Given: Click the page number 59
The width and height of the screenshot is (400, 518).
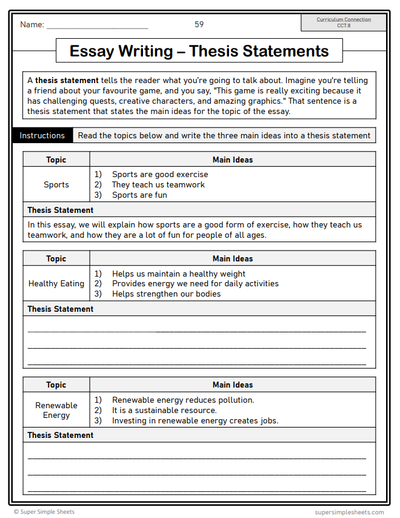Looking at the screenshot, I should pyautogui.click(x=199, y=24).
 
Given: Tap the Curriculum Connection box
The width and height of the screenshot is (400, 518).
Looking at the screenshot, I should pyautogui.click(x=344, y=22).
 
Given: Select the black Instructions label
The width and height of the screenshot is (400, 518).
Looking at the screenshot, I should pyautogui.click(x=42, y=135).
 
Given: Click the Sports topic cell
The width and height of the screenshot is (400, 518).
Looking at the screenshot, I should pyautogui.click(x=56, y=184).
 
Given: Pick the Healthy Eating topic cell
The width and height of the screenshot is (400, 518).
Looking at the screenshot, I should pyautogui.click(x=56, y=283).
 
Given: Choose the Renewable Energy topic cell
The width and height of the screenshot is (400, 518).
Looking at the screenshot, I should pyautogui.click(x=56, y=410).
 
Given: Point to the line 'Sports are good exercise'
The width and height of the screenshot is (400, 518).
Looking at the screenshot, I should pyautogui.click(x=159, y=174).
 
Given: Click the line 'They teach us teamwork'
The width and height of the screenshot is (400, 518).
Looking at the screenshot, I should pyautogui.click(x=158, y=184).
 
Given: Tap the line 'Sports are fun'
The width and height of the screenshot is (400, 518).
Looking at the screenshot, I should pyautogui.click(x=139, y=195).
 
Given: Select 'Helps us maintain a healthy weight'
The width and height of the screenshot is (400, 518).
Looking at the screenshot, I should pyautogui.click(x=179, y=274).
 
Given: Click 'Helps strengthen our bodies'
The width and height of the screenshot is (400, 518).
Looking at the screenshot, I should pyautogui.click(x=166, y=294).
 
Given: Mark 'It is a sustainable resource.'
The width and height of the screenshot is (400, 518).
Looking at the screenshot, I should pyautogui.click(x=164, y=410).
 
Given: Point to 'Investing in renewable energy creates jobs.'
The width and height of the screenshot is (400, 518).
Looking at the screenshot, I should pyautogui.click(x=195, y=420).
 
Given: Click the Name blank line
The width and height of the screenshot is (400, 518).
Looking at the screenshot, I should pyautogui.click(x=97, y=27).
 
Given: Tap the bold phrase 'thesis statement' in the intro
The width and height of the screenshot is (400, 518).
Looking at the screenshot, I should pyautogui.click(x=67, y=80).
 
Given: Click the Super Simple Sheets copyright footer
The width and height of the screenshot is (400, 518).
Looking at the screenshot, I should pyautogui.click(x=44, y=512).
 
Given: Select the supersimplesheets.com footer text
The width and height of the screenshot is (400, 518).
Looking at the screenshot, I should pyautogui.click(x=349, y=512).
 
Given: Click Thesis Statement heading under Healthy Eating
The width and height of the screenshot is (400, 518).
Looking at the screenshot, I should pyautogui.click(x=61, y=309).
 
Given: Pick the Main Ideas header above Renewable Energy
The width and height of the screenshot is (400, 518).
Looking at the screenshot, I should pyautogui.click(x=233, y=385).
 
